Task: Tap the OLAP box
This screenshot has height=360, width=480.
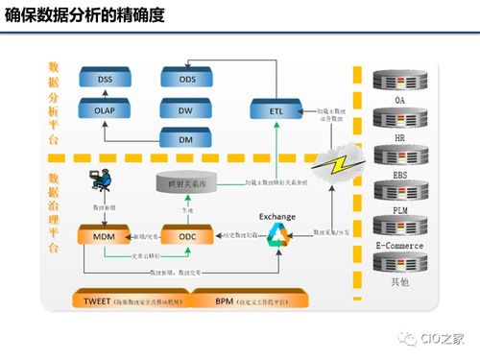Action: pos(105,110)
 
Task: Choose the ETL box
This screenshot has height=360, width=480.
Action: pos(277,110)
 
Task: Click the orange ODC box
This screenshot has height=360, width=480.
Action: pos(180,235)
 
